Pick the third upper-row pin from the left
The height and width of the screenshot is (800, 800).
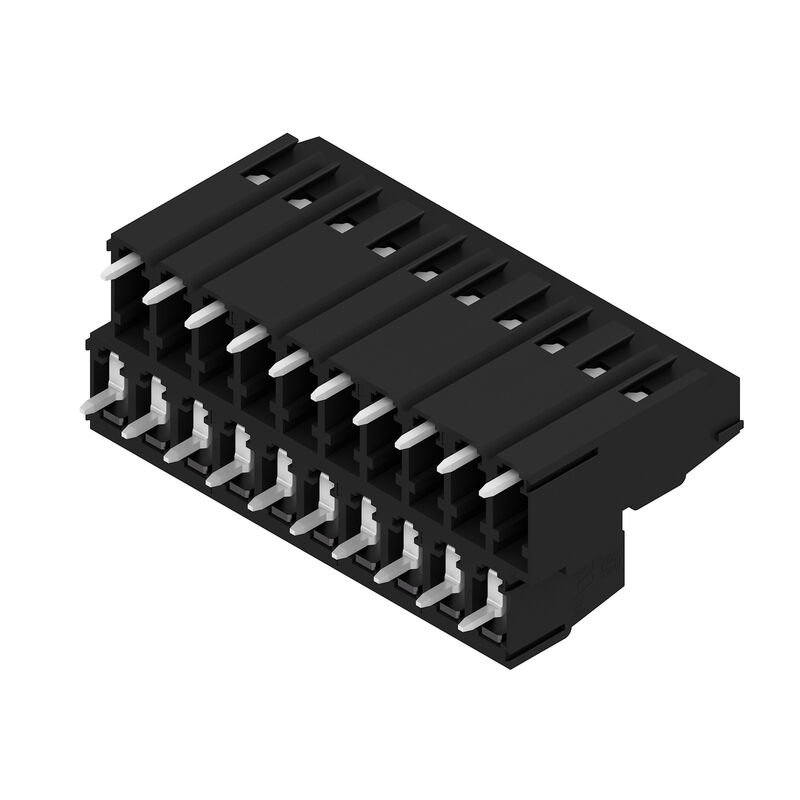(204, 315)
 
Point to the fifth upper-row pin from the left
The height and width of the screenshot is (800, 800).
(289, 361)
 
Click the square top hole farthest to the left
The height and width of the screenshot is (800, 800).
(255, 178)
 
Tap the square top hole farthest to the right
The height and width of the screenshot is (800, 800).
(633, 396)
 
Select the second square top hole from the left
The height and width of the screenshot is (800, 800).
(297, 203)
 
